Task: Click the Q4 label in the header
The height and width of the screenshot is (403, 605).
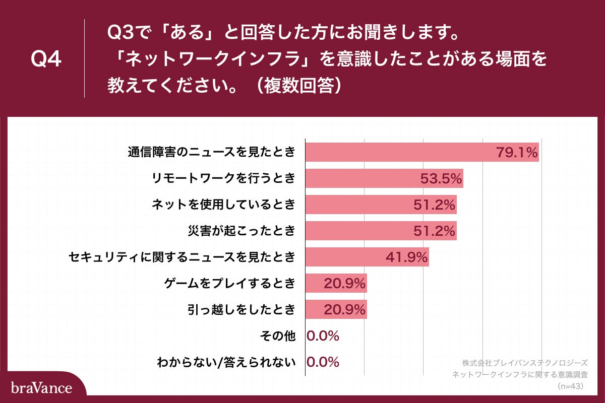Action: (x=46, y=59)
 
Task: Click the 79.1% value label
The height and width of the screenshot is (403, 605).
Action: (x=517, y=152)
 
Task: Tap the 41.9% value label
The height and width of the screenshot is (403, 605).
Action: (x=407, y=257)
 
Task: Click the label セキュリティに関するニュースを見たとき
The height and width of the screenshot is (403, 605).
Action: (x=181, y=257)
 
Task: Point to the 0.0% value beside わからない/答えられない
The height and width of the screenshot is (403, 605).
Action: (x=323, y=362)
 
